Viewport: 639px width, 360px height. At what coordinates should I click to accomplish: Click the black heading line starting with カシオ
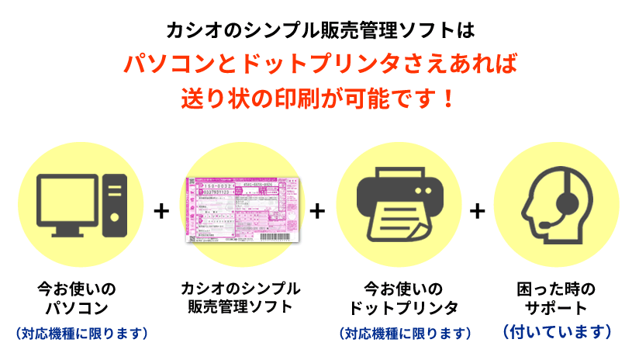319,30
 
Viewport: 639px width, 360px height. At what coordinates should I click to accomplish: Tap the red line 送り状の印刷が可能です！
319,99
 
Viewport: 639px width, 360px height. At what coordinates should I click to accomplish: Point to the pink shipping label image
240,209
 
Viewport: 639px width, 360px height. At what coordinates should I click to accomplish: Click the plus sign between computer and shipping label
161,212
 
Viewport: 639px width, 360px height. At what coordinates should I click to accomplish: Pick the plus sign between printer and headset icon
478,212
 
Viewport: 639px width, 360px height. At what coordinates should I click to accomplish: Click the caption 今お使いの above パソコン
81,289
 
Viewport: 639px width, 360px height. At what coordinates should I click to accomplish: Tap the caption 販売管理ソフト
240,306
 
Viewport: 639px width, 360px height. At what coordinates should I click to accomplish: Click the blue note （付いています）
556,332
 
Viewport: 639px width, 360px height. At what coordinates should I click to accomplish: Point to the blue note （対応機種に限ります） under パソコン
81,334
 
